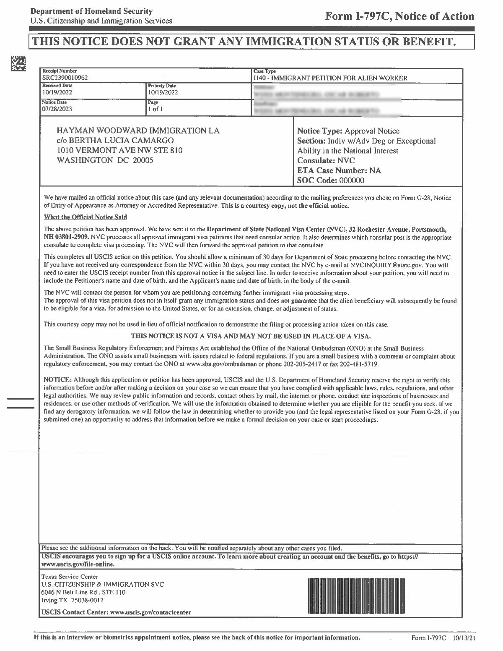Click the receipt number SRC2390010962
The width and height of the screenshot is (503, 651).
(65, 78)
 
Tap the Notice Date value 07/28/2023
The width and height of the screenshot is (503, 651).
(57, 109)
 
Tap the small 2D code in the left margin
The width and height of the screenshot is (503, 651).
(18, 63)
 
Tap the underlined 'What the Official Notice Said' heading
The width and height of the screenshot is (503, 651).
(86, 217)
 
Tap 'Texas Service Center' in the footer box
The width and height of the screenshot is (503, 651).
(70, 577)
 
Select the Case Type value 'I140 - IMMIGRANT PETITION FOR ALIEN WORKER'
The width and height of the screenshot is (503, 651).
(330, 78)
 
